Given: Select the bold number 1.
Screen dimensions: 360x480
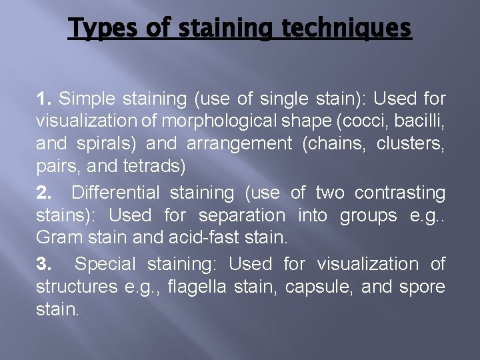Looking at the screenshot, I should click(x=44, y=99).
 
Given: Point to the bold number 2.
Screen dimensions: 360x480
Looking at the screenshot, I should click(x=44, y=193).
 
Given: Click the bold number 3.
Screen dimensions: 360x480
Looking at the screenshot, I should click(x=44, y=264).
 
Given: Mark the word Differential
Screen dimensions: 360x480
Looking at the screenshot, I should click(x=115, y=193).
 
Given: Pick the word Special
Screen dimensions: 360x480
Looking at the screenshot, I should click(x=105, y=264).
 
